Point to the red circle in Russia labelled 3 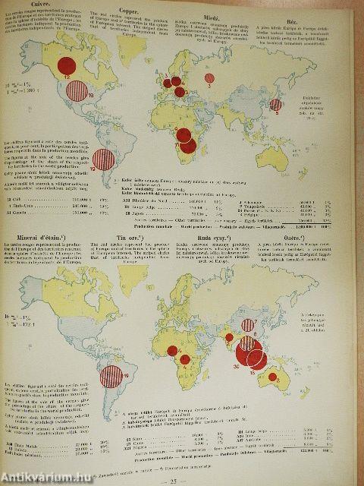(209, 78)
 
